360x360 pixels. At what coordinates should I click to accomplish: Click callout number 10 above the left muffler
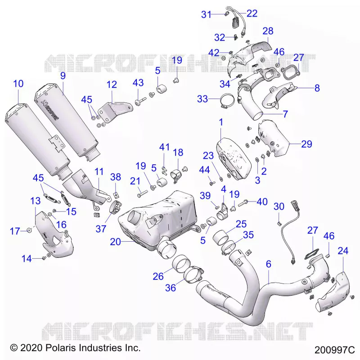[x=18, y=84]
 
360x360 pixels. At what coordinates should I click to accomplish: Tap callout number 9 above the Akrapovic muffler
[x=63, y=76]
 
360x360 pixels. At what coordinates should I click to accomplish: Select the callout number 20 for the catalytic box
[x=115, y=242]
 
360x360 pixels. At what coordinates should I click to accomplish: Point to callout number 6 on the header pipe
[x=268, y=264]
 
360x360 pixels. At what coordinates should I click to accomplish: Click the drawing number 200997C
[x=334, y=350]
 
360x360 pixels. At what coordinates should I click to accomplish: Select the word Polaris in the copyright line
[x=61, y=347]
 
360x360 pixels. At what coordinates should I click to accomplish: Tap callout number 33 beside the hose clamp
[x=202, y=99]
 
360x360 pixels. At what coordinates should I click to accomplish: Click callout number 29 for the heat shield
[x=306, y=144]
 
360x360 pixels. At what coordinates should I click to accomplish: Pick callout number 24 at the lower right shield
[x=343, y=251]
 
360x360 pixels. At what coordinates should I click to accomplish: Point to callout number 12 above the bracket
[x=112, y=85]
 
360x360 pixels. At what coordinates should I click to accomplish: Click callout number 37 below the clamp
[x=101, y=229]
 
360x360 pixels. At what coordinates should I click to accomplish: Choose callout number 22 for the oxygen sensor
[x=252, y=13]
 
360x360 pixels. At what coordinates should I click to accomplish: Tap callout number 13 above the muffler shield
[x=36, y=201]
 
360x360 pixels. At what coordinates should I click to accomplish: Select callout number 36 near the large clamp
[x=171, y=288]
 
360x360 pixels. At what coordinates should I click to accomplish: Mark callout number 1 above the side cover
[x=221, y=122]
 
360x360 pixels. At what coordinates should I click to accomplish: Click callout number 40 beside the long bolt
[x=262, y=202]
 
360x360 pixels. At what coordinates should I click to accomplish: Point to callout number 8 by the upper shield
[x=317, y=88]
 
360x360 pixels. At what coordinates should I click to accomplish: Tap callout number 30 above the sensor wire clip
[x=279, y=207]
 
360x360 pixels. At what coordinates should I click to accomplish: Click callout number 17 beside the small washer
[x=15, y=231]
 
